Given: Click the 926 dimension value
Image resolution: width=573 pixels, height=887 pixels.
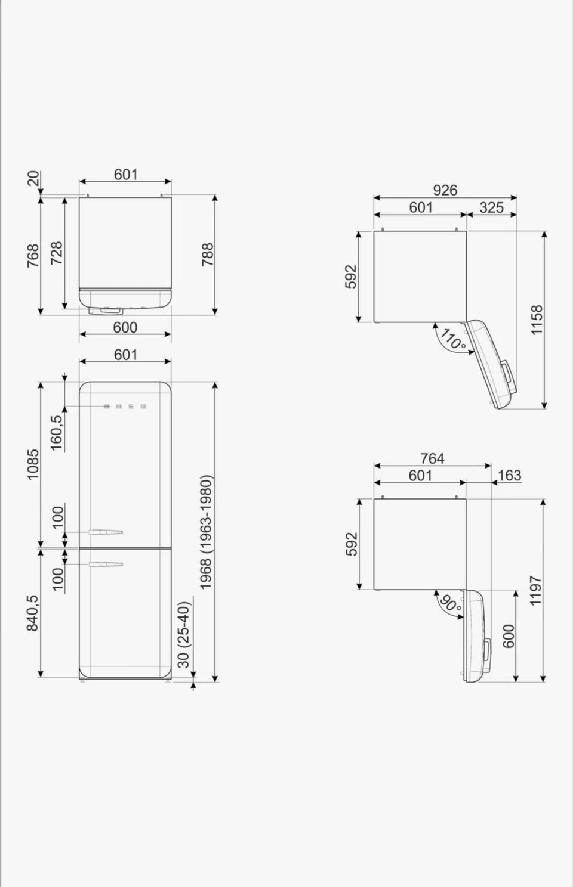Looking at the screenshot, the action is coord(445,191).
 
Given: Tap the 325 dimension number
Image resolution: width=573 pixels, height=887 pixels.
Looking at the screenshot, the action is coord(491,207).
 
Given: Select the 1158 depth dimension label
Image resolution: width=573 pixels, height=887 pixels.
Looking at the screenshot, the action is coord(537,320).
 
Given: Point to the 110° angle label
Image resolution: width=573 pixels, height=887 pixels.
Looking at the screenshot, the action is coord(452,339).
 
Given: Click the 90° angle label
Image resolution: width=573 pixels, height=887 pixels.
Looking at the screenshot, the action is coord(450,605).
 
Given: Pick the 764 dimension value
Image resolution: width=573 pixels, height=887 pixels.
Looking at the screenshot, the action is coord(432,458).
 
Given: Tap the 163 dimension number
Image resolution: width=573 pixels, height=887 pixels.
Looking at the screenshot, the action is coord(509,475).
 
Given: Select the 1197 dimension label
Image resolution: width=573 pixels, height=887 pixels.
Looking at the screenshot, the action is coord(536,590).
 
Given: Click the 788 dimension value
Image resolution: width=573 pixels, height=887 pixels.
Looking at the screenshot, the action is coord(207,255).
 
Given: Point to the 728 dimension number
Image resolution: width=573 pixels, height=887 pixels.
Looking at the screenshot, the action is coord(56,253).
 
